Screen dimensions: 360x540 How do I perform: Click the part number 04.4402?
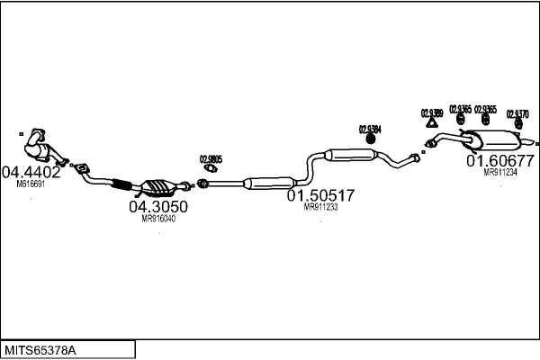(31, 171)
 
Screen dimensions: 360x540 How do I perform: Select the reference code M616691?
(30, 183)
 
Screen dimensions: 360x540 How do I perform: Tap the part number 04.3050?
(158, 206)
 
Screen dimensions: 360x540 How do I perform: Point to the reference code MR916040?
(158, 218)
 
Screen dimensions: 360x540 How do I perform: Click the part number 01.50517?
(320, 195)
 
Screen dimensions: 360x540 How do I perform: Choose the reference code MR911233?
(320, 207)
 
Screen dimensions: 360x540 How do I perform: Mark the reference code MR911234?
(499, 173)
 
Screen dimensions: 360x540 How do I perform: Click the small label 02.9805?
(211, 159)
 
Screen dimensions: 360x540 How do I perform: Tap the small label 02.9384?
(370, 129)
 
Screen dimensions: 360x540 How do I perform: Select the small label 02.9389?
(431, 113)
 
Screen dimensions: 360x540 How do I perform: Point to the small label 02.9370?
(517, 114)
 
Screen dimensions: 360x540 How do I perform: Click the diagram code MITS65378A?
(40, 348)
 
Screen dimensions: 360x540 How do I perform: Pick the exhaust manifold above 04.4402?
(36, 143)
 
